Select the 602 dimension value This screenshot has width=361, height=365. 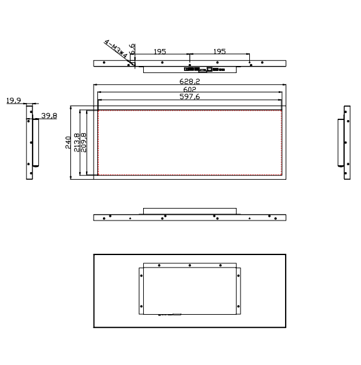click(190, 89)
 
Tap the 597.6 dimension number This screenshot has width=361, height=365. click(190, 97)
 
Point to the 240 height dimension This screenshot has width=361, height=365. click(68, 142)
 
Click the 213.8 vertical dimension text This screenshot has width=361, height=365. click(77, 143)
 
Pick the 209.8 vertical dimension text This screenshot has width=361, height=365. click(84, 143)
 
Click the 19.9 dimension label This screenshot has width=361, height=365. click(14, 100)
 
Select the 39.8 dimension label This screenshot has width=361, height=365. click(48, 116)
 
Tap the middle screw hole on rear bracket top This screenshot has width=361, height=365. click(190, 265)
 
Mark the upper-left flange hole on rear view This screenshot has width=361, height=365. click(141, 271)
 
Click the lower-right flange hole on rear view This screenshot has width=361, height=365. click(239, 308)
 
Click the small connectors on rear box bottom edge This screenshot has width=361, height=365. click(170, 313)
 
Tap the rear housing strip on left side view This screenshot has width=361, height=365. click(36, 143)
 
